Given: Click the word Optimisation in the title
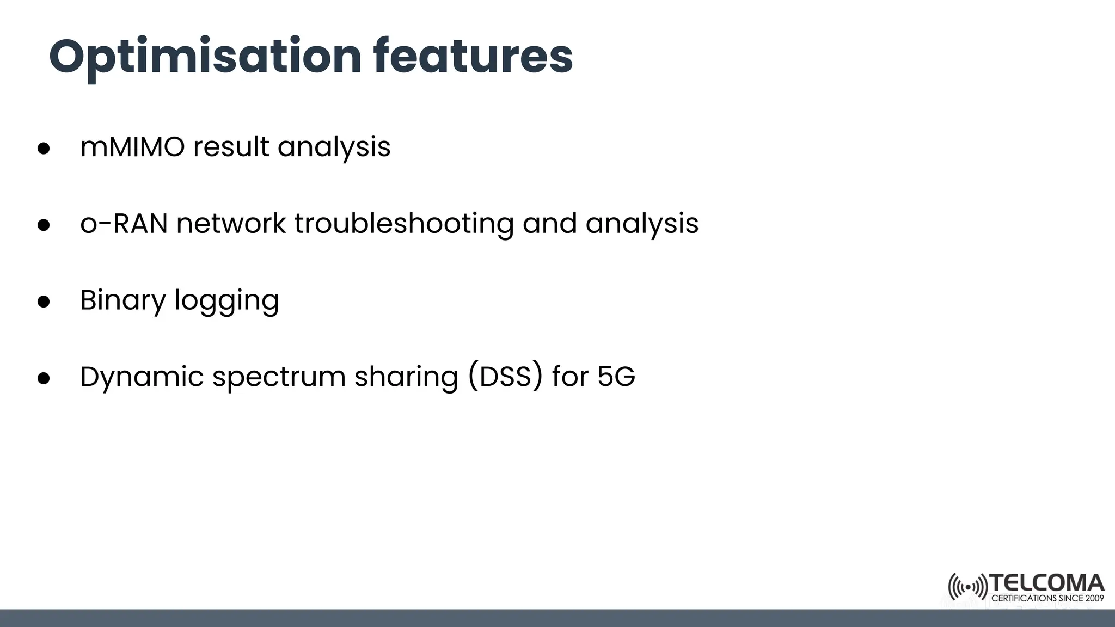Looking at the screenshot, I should (205, 57).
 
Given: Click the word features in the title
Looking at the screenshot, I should (473, 57).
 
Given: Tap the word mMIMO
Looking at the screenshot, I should (132, 147).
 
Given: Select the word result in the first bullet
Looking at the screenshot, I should (231, 147).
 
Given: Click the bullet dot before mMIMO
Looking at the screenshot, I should (44, 149).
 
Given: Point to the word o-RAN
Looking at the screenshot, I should (124, 224).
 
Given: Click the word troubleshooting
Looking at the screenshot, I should (404, 224).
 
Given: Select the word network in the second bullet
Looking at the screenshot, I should (231, 224).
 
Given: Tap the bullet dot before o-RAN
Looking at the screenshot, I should (44, 225).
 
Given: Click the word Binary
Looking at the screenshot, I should (122, 300).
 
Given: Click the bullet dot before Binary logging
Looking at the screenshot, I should (44, 302).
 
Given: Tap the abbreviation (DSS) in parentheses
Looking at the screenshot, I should (506, 377).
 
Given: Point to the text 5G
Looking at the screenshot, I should (616, 377).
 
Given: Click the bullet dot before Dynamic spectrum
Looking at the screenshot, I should (44, 379).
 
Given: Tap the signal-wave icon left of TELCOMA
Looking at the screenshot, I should (967, 587).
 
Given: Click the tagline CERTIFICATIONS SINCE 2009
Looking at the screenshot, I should (1047, 598).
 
